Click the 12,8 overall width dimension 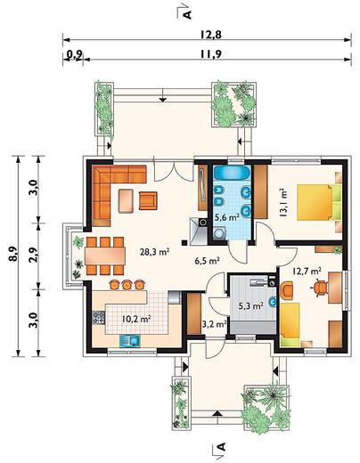[210, 35]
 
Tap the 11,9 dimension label [210, 54]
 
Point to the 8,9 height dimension [13, 254]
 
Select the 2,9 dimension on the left [34, 255]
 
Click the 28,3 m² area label [155, 252]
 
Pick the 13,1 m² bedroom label [283, 203]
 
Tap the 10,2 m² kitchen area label [136, 320]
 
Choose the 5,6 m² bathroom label [227, 217]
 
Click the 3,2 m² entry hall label [215, 324]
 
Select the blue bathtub [233, 173]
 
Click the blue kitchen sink [130, 341]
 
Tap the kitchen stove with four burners [99, 317]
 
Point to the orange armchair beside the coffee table [148, 200]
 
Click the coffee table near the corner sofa [126, 201]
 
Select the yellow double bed [320, 202]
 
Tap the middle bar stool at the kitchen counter [127, 285]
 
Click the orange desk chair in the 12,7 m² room [320, 288]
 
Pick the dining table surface [105, 256]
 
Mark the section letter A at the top [187, 14]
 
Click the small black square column [184, 243]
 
